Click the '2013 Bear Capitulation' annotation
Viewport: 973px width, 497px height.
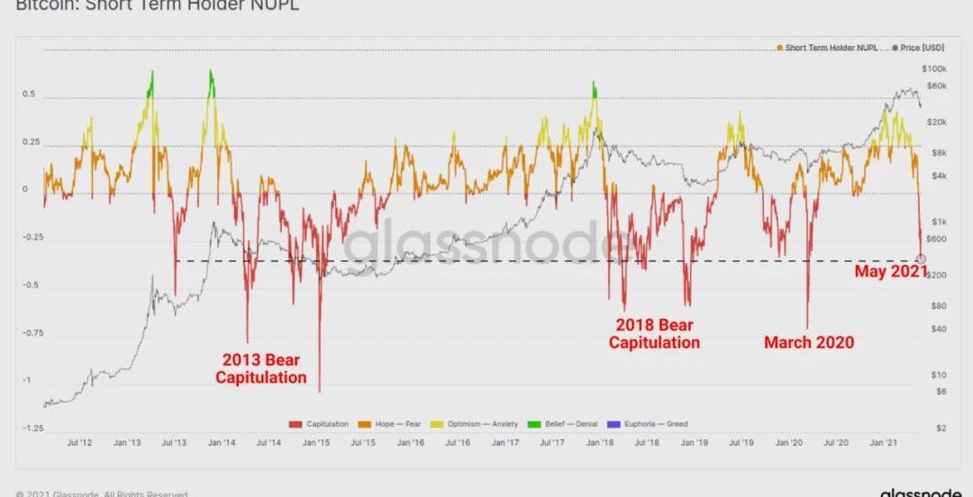(x=260, y=369)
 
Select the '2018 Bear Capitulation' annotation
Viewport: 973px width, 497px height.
(x=654, y=333)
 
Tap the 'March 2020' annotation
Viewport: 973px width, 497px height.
(x=808, y=342)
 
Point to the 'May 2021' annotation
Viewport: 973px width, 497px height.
(x=890, y=271)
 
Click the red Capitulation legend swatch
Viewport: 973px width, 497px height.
(x=295, y=423)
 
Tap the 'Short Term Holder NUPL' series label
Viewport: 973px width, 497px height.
(x=829, y=47)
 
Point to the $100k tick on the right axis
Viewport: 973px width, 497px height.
(x=933, y=69)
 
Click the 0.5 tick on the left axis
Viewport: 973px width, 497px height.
(x=29, y=95)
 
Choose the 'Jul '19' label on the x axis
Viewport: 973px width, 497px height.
(x=741, y=442)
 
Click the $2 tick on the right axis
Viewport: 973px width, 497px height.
(x=941, y=429)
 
